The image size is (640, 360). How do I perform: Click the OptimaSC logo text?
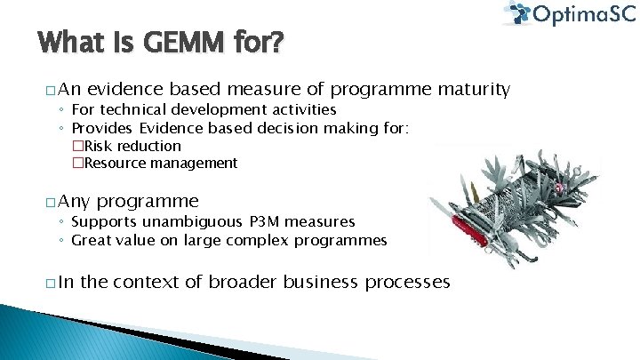click(581, 14)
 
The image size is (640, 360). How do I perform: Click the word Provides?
click(102, 128)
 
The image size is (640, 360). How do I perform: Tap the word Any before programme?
click(78, 201)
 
